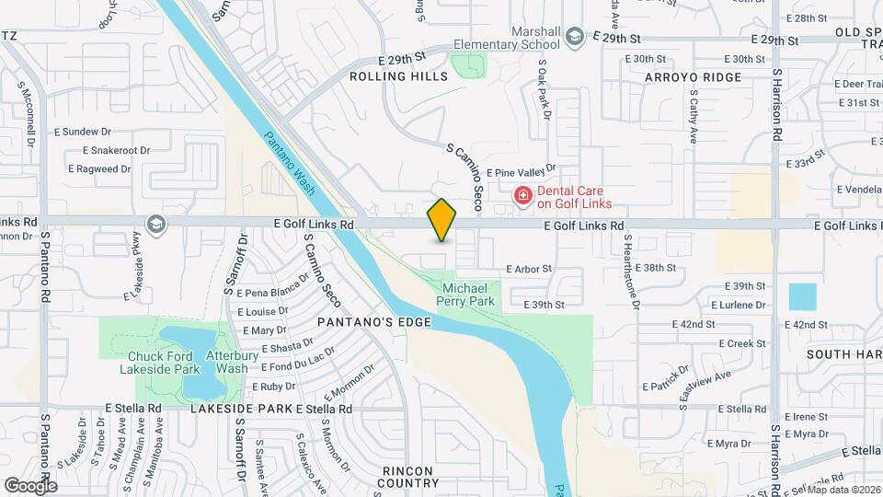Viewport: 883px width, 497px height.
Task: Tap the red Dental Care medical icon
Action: pos(522,195)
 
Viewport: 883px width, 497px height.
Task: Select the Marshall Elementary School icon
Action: pos(575,37)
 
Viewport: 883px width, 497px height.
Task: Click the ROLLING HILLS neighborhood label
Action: pos(399,76)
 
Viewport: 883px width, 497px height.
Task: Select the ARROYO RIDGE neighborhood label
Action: pos(693,77)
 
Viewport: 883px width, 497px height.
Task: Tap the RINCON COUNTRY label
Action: pos(409,476)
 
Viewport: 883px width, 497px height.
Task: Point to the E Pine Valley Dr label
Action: pos(522,172)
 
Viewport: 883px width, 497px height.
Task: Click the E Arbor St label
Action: pos(528,269)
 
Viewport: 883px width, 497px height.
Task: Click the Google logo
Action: pos(29,485)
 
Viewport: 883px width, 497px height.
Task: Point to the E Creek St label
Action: pos(742,343)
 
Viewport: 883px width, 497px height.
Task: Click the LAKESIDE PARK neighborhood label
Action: pos(242,408)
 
